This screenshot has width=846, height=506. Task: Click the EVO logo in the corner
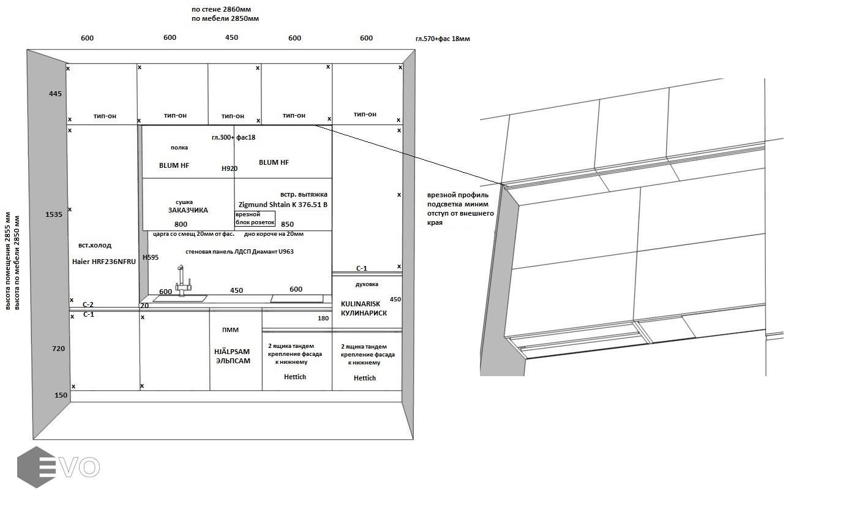58,467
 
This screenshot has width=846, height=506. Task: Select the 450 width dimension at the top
231,38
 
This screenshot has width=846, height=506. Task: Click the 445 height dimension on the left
55,94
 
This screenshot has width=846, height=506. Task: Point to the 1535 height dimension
54,214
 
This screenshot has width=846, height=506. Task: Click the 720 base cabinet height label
58,349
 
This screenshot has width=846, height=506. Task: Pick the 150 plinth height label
61,395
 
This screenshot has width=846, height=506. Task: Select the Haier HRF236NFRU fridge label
103,262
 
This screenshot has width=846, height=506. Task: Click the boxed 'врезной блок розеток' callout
255,219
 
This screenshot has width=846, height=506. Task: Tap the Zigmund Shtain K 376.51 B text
283,205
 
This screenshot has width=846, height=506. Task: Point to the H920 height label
230,168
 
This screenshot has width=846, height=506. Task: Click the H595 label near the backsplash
151,258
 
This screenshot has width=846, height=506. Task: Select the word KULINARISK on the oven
361,304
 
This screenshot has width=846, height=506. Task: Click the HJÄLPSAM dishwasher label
232,352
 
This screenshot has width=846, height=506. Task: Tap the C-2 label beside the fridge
88,304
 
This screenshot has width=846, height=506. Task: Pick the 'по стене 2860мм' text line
221,10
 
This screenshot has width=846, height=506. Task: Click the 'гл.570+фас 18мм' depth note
443,39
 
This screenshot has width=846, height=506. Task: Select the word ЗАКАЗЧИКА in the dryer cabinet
188,210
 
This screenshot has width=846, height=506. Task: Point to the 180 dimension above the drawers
323,319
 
